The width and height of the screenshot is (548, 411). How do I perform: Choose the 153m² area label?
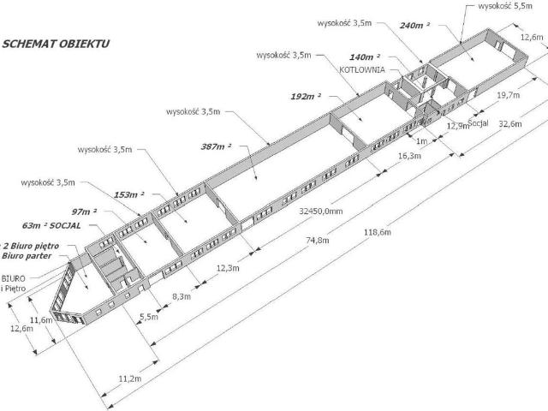pos(128,195)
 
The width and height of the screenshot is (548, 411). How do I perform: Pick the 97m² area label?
pos(84,211)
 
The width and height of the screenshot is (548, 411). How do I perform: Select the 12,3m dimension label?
pos(228,269)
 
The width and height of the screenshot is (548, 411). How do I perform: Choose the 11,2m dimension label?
pos(131,378)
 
